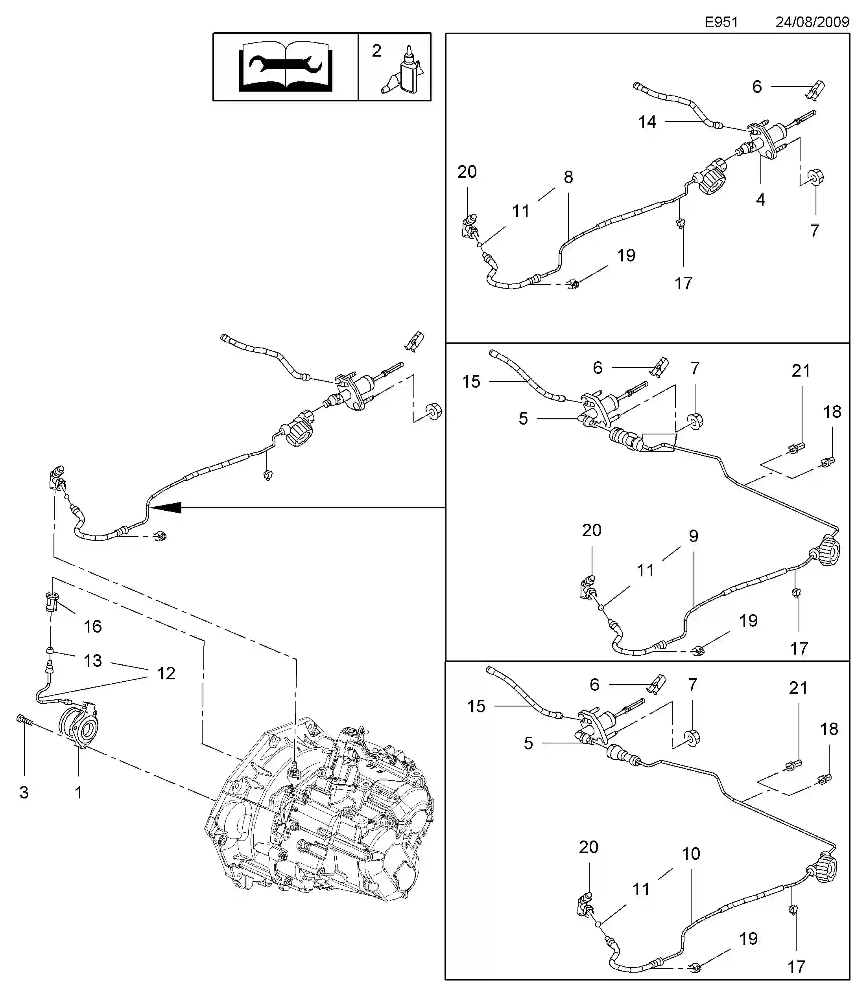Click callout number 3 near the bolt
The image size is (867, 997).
tap(24, 792)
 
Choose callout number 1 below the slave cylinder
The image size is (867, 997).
tap(78, 792)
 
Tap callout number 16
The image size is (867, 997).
tap(93, 626)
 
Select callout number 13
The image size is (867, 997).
tap(93, 660)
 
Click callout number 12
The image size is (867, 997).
tap(166, 673)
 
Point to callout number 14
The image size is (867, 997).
tap(647, 121)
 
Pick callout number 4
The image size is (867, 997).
tap(760, 199)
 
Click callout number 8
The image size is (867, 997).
tap(568, 177)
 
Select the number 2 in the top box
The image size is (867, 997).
tap(376, 51)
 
